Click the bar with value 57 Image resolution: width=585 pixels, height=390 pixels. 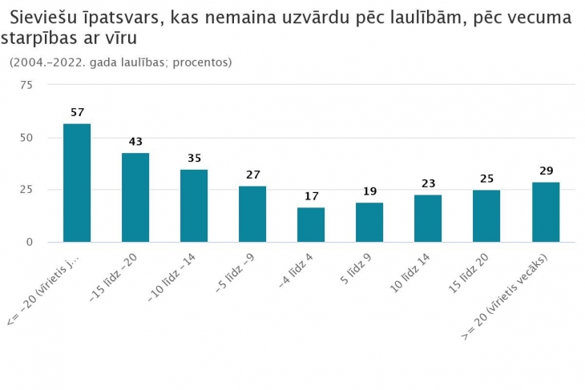point(77,183)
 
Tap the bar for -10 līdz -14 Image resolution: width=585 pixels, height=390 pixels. point(194,206)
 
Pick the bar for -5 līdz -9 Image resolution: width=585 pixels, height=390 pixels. point(252,214)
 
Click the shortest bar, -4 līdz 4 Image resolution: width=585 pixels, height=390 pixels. point(311,224)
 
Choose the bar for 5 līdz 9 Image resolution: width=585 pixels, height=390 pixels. point(369,222)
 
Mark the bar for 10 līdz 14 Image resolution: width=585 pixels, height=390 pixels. point(428,218)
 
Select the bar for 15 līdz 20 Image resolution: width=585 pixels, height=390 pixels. point(486,215)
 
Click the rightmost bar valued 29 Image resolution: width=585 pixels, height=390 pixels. point(546,211)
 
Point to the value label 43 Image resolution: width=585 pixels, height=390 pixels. point(135,142)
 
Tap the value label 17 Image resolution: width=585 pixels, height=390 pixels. point(311,195)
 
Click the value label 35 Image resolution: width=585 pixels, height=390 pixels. point(194,159)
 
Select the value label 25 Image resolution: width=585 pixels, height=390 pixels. point(486,178)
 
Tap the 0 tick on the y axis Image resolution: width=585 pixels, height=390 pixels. point(29,242)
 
